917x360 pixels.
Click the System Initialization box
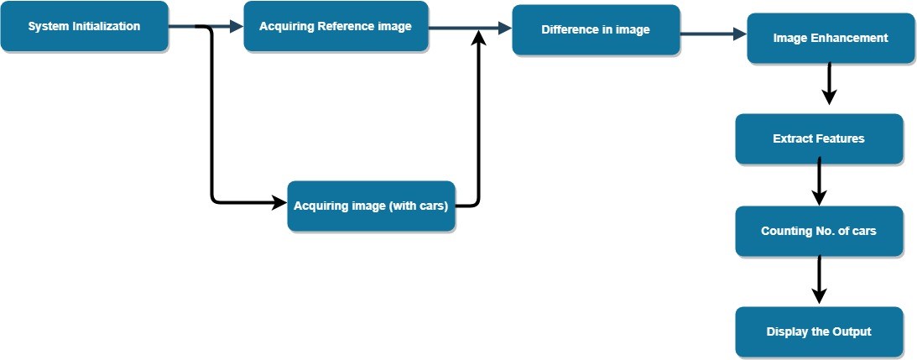[x=84, y=26]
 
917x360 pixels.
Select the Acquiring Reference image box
[x=336, y=26]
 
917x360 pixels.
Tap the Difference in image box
[x=596, y=30]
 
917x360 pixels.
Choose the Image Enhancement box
[x=831, y=39]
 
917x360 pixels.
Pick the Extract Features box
[x=819, y=138]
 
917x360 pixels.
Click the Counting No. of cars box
[x=819, y=231]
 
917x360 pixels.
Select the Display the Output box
[x=819, y=331]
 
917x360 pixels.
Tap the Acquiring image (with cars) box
[x=372, y=206]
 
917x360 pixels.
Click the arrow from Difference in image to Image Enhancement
[x=713, y=34]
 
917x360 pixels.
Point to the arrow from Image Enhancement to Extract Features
[x=829, y=84]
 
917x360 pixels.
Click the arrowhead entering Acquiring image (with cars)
[x=279, y=202]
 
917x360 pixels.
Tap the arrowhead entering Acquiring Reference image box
[x=236, y=27]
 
